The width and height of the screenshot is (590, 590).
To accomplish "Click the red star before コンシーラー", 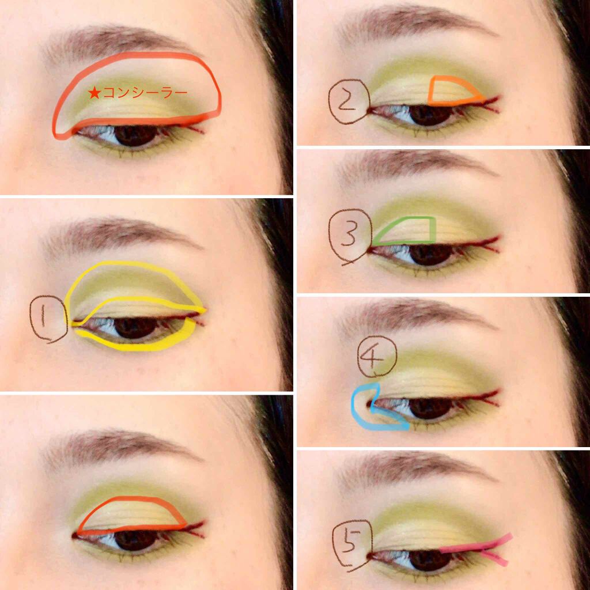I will tap(94, 92).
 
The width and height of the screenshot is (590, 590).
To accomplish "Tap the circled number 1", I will tap(48, 319).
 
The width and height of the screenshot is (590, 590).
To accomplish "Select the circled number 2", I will tap(349, 101).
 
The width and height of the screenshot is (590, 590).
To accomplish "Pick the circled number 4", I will tap(376, 355).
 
